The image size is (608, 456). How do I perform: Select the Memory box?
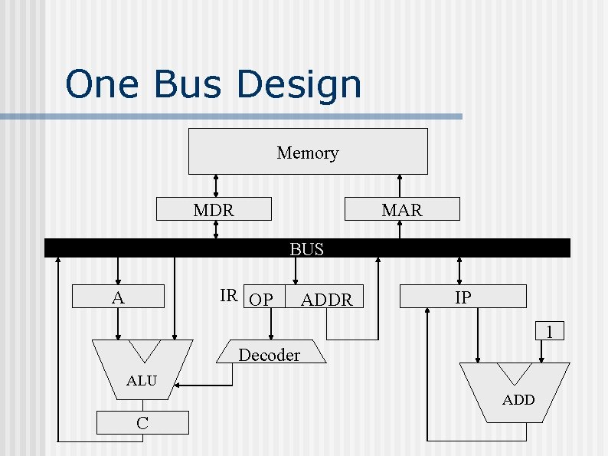(308, 152)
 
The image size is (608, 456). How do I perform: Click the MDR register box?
(214, 209)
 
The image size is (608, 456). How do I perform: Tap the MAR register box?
(402, 209)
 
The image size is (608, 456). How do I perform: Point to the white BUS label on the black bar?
(306, 249)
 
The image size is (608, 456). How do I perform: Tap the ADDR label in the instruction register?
(327, 300)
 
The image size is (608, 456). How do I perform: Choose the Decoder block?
(269, 354)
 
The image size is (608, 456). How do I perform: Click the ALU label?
(142, 381)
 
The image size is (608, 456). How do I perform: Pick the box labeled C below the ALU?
(142, 422)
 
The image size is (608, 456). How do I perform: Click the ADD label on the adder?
(518, 399)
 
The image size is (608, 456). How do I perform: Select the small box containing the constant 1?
(549, 332)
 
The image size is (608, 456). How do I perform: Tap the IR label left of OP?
(228, 296)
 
